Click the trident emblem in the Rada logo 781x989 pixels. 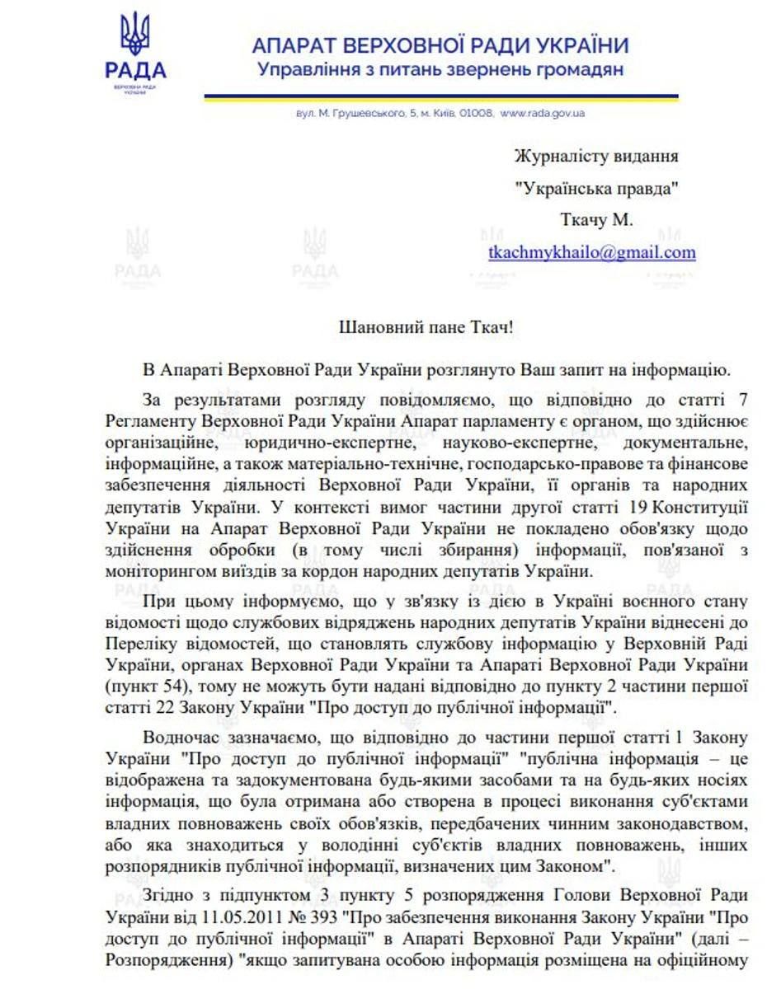point(134,34)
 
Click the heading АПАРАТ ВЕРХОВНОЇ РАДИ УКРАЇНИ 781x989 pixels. point(440,45)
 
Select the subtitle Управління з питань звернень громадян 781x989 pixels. point(440,70)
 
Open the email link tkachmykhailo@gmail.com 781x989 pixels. point(591,252)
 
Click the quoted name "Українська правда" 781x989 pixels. point(596,187)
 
